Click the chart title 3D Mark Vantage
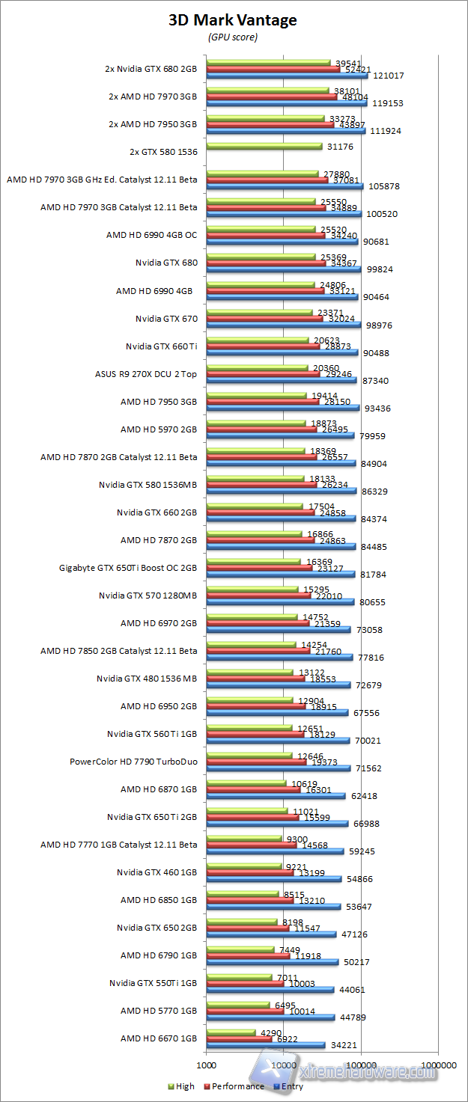point(233,20)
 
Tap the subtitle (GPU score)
point(232,37)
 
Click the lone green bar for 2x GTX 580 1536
point(264,146)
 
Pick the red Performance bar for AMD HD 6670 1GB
point(239,1039)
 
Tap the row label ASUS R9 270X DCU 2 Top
point(145,374)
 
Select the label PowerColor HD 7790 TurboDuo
point(133,762)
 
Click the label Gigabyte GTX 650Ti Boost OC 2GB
point(128,568)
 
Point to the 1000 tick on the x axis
point(206,1063)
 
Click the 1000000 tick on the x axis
point(438,1063)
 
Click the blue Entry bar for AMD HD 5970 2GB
point(280,435)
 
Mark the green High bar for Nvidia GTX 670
point(259,312)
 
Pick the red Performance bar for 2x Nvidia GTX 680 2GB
point(273,69)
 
